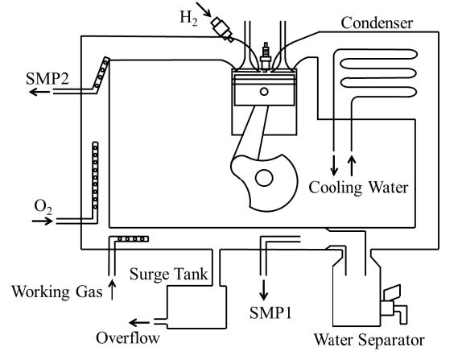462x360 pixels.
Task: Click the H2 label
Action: pos(188,19)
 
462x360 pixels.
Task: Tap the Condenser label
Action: pos(377,23)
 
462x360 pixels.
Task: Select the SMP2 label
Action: pos(47,79)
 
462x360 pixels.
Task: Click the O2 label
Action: pos(43,207)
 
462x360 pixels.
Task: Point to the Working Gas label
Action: pos(57,292)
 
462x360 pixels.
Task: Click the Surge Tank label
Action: pos(169,274)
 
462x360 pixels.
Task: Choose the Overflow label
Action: pos(128,338)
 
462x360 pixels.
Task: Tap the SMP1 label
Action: pos(270,312)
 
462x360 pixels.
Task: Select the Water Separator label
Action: pos(369,340)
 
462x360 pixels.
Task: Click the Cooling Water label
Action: pos(358,188)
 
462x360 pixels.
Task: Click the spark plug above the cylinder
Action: pos(266,56)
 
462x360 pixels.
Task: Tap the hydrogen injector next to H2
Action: pos(222,29)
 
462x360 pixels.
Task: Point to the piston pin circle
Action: pos(264,91)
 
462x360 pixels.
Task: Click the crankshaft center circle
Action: pos(264,178)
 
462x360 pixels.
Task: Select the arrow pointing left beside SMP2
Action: pos(39,92)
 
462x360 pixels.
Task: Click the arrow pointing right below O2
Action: pos(43,221)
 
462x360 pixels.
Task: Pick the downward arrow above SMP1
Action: pos(264,290)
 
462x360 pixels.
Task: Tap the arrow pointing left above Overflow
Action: pos(139,323)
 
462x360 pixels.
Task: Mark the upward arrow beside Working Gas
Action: pos(112,289)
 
